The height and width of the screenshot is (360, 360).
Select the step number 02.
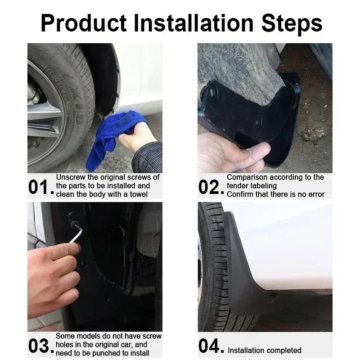(x=211, y=187)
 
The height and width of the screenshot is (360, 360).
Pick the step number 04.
(x=211, y=346)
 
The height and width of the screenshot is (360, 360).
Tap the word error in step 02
(x=316, y=194)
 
